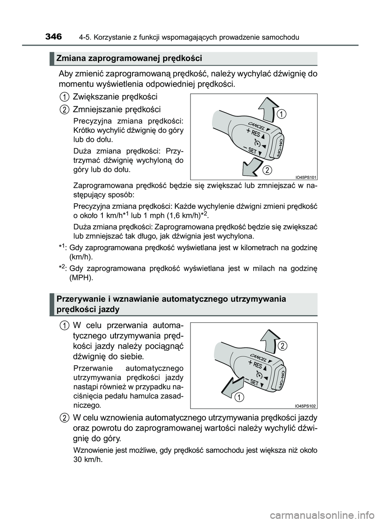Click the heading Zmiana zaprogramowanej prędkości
[129, 58]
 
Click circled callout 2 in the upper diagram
[267, 171]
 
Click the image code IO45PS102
[306, 406]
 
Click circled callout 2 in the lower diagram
[282, 346]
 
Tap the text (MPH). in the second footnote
[81, 277]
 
